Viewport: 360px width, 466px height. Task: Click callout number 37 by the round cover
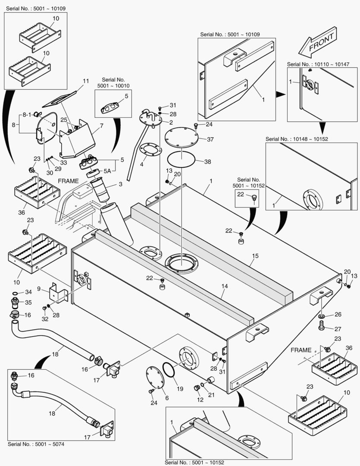pos(210,139)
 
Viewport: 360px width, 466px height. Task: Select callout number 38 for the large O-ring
pos(208,162)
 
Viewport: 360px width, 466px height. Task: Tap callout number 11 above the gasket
pos(85,81)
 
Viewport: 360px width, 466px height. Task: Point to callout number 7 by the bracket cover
pos(101,126)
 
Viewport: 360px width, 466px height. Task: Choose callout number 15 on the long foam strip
pos(255,256)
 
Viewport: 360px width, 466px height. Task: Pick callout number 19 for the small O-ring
pos(180,388)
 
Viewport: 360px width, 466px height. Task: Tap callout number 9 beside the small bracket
pos(39,289)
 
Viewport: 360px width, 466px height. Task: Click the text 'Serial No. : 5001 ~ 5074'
pos(37,444)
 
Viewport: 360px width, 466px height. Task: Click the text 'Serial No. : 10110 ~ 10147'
pos(318,64)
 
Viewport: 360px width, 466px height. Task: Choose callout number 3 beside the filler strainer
pos(120,185)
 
